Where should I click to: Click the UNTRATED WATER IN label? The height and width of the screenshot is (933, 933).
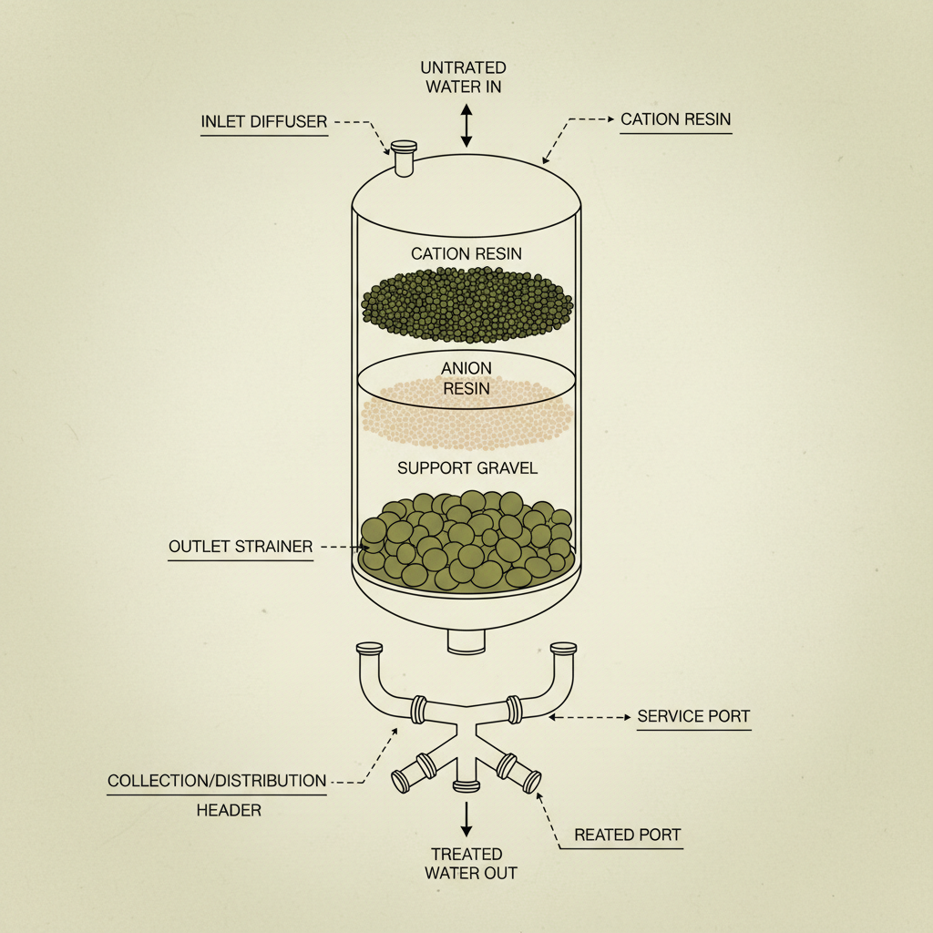[463, 77]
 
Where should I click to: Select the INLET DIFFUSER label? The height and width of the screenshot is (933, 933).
[263, 121]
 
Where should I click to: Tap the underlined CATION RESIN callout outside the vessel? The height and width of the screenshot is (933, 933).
[675, 119]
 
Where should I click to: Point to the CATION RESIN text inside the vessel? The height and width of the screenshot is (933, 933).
[466, 253]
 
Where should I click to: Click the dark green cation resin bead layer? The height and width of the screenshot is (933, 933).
[466, 304]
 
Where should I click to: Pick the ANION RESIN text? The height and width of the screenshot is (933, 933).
[466, 378]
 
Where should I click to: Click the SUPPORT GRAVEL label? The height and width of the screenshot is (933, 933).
[467, 468]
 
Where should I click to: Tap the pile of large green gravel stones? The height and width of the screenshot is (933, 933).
[466, 542]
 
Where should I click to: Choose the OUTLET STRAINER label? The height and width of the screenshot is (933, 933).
[241, 547]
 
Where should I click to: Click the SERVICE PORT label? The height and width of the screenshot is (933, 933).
[693, 716]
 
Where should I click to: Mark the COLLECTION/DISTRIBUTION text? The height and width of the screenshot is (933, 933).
[217, 781]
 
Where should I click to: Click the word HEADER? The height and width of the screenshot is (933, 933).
[229, 810]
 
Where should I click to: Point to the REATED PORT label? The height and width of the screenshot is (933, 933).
[628, 835]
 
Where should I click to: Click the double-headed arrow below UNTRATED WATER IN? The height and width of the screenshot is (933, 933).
[466, 126]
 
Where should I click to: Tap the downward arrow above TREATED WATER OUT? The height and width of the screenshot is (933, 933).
[466, 818]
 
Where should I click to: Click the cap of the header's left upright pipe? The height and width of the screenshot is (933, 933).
[369, 649]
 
